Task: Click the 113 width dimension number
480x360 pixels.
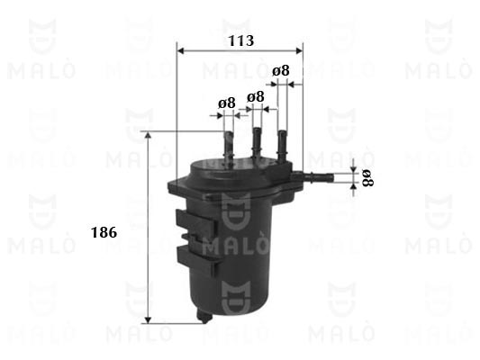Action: pos(241,40)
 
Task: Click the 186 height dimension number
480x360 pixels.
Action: pos(104,233)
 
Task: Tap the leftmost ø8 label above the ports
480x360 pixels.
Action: pos(227,103)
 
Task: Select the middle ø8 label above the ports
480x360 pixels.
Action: pos(255,97)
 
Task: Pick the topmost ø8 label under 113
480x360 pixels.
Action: pos(281,71)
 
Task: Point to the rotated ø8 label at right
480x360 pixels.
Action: pos(367,178)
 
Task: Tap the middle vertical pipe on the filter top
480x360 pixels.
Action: pos(257,142)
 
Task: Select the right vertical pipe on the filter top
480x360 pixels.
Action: pos(282,145)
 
